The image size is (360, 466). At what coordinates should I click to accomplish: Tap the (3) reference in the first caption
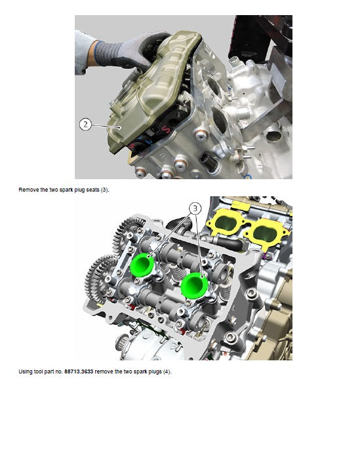(x=105, y=190)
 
